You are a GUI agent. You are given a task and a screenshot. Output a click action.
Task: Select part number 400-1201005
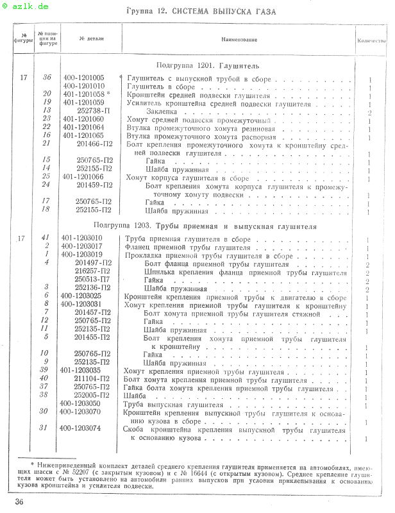(x=83, y=78)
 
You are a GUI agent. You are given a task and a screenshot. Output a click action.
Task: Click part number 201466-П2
(x=94, y=144)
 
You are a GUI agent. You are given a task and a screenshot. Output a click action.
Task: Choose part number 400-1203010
(x=83, y=239)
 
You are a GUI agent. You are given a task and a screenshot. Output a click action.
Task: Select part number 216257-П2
(x=93, y=272)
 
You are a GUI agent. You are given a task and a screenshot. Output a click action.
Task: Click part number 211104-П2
(x=93, y=379)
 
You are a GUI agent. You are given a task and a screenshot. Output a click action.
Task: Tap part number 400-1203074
(x=82, y=428)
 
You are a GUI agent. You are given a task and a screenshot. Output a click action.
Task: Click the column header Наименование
(x=240, y=40)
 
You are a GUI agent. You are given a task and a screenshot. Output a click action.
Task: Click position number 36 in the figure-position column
(x=47, y=78)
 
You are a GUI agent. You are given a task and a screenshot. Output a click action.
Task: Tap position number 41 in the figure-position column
(x=47, y=239)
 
